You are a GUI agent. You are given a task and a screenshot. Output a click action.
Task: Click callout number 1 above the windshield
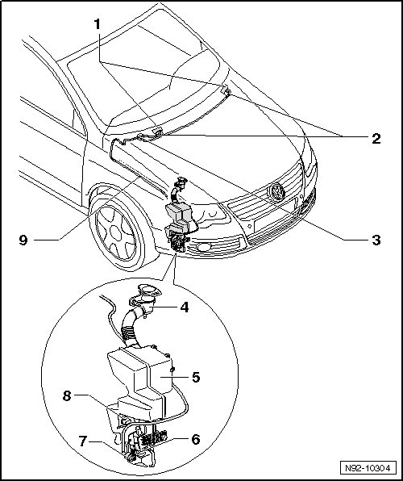click(x=98, y=24)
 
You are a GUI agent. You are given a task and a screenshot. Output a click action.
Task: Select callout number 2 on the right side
click(x=376, y=139)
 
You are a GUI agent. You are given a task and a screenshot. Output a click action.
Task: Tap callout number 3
click(x=376, y=240)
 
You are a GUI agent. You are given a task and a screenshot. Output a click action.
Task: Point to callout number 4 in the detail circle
click(x=185, y=307)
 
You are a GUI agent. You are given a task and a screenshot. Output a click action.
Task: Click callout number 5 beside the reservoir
click(x=196, y=377)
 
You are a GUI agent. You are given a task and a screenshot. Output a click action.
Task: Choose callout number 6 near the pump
click(x=196, y=439)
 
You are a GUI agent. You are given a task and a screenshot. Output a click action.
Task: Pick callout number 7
click(x=83, y=441)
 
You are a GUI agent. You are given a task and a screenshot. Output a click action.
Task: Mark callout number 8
click(x=67, y=395)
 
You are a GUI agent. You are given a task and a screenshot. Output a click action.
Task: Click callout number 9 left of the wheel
click(x=23, y=240)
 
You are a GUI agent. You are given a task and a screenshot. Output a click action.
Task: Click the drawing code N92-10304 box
click(x=368, y=468)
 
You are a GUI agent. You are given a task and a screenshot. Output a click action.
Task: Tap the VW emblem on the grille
click(x=277, y=192)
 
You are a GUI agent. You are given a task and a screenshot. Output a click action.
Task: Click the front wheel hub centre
click(x=115, y=232)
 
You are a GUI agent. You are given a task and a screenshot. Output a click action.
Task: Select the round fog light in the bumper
click(x=203, y=247)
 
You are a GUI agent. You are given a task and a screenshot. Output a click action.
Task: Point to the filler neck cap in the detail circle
click(x=150, y=290)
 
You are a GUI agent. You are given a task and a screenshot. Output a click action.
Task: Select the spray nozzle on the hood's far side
click(x=226, y=90)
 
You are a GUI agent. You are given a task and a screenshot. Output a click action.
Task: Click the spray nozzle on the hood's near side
click(x=157, y=132)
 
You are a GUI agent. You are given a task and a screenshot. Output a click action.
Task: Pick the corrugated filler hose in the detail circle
click(x=131, y=328)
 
